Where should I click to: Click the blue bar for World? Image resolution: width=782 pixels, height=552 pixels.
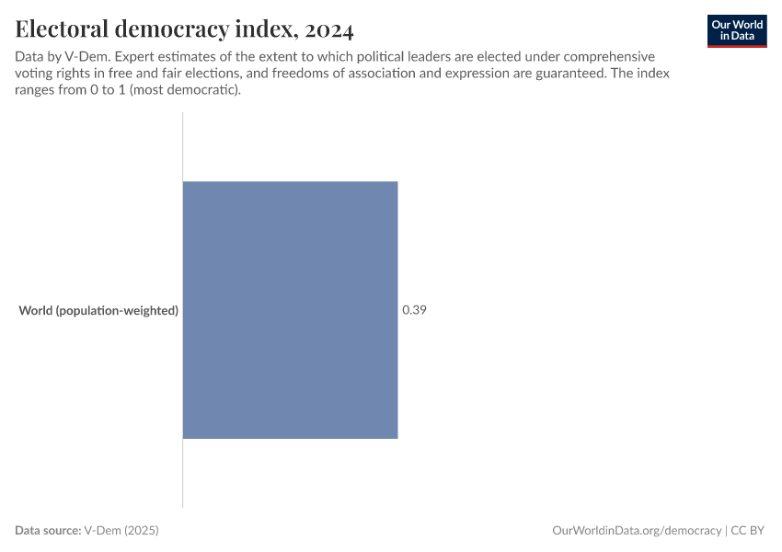click(290, 309)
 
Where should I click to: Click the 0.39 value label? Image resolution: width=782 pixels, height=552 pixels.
click(414, 310)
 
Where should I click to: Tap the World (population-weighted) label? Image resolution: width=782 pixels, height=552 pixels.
click(98, 311)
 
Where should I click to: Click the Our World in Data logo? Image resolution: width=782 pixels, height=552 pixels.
click(737, 29)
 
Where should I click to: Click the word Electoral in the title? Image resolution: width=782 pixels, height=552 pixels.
click(63, 29)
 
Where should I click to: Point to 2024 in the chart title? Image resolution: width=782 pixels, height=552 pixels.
click(329, 29)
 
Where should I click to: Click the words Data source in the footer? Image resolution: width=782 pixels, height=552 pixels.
click(47, 531)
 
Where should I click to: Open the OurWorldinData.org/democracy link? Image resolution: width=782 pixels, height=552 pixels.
click(637, 531)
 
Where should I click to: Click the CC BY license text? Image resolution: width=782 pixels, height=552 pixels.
click(749, 531)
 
